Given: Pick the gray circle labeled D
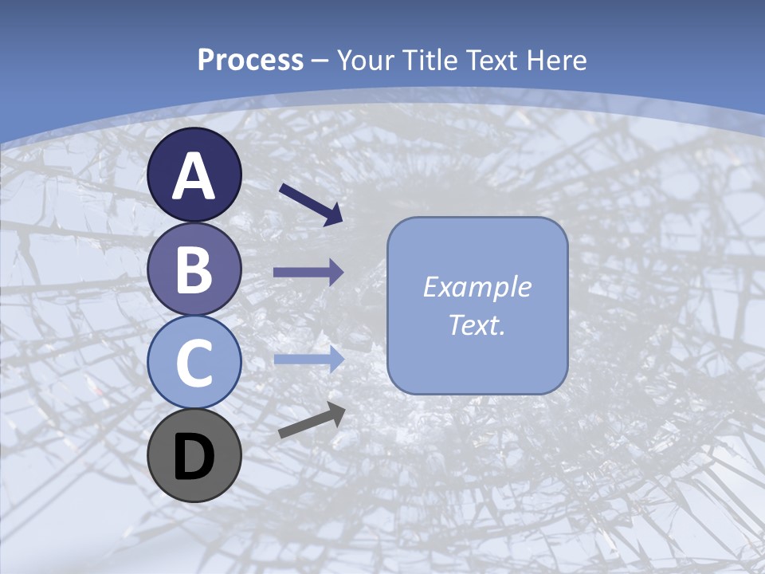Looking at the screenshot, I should coord(194,455).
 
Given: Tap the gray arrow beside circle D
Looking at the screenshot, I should coord(312,420).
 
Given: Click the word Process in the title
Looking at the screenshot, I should coord(250,60).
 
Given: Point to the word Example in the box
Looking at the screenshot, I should coord(477,286).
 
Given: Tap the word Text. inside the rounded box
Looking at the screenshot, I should coord(477,324).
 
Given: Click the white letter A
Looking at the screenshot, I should coord(194,177).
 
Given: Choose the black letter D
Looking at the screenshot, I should coord(194,457).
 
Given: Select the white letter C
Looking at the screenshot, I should coord(194,363).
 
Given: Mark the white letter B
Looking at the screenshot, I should coord(194,269).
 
